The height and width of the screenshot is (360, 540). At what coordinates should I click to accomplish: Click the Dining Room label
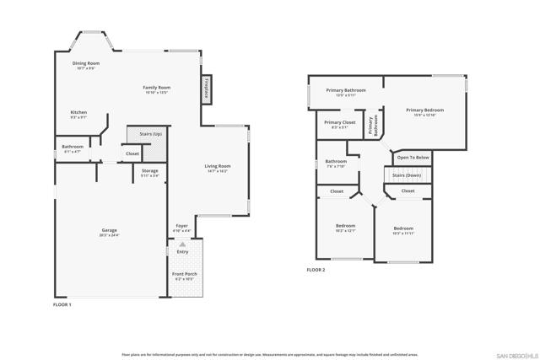(86, 63)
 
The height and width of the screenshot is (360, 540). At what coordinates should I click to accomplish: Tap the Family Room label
(156, 88)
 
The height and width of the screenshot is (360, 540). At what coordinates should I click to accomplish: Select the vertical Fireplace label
(206, 88)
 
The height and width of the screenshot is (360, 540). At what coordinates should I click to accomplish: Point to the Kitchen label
(78, 112)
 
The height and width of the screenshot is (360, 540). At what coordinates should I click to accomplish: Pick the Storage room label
(149, 171)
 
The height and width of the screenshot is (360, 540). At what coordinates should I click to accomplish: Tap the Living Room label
(218, 166)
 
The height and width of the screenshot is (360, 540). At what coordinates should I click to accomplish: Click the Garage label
(110, 230)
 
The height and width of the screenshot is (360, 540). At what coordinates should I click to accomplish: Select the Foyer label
(181, 226)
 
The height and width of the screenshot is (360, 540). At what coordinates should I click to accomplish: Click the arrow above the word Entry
(182, 244)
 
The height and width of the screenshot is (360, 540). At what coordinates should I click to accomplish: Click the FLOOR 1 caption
(62, 304)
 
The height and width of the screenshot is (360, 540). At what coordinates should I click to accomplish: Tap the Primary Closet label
(339, 122)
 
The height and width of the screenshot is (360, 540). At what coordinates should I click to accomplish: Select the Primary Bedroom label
(424, 110)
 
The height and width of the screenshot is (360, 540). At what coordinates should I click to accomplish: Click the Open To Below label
(413, 158)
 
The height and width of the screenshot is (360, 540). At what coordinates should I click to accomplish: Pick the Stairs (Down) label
(408, 175)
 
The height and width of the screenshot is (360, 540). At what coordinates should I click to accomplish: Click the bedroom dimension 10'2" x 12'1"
(345, 231)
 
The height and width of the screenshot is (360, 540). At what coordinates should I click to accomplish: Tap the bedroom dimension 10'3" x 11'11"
(402, 234)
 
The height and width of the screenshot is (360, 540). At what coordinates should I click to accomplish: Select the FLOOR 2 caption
(316, 270)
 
